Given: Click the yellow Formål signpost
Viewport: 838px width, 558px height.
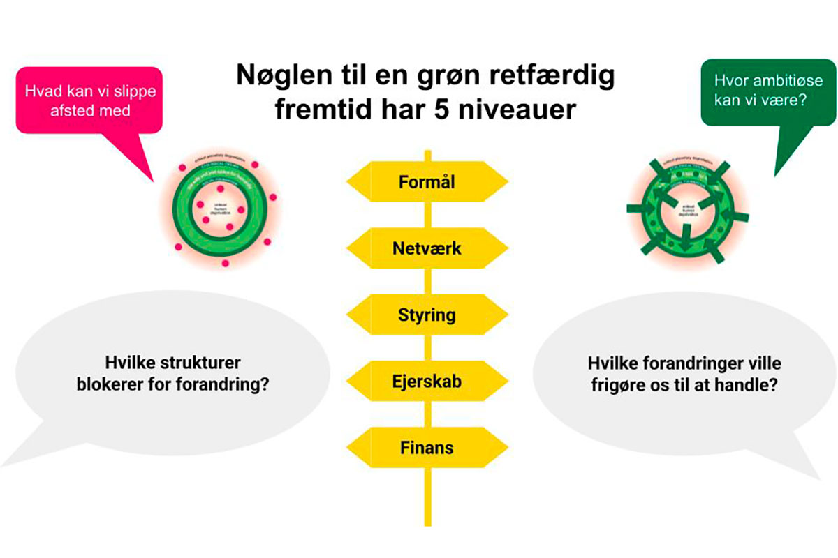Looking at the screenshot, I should (427, 182).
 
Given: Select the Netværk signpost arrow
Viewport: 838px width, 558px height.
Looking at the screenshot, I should (427, 248).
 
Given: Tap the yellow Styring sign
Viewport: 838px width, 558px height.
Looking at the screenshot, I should (427, 315).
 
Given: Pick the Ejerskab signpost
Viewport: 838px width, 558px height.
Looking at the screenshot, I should (427, 382).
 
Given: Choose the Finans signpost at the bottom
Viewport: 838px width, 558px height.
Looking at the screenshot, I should (427, 447).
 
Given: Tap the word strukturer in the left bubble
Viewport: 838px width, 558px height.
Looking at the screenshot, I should (209, 363).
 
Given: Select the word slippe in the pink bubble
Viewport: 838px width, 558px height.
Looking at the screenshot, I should (132, 92).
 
